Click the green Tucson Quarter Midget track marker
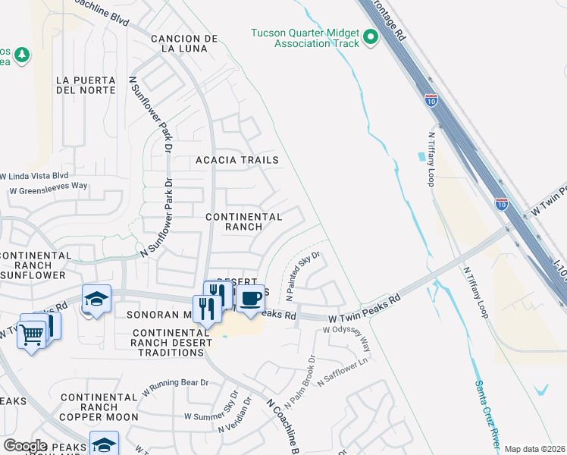click(371, 37)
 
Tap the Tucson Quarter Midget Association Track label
click(305, 38)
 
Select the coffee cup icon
click(250, 297)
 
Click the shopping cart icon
click(32, 334)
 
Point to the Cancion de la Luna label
click(184, 43)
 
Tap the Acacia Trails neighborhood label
click(237, 160)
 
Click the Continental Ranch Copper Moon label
click(100, 407)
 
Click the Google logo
click(25, 445)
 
